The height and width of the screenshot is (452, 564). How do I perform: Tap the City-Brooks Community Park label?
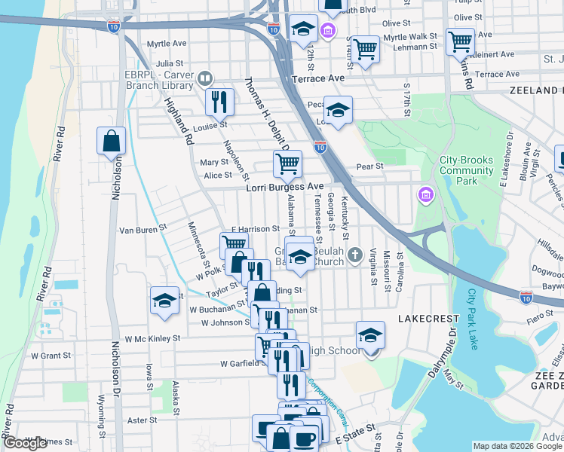466,170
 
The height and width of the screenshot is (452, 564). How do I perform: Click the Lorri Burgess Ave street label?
285,187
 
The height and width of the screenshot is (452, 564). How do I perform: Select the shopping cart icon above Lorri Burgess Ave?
287,163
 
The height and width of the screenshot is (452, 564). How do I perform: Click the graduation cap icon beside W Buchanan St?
164,300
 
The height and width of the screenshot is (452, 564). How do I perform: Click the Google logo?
25,443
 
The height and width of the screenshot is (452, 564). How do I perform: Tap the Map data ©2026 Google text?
517,446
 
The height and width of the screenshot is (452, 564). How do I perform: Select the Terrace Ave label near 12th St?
319,78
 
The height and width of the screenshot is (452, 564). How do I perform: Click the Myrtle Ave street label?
165,44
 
